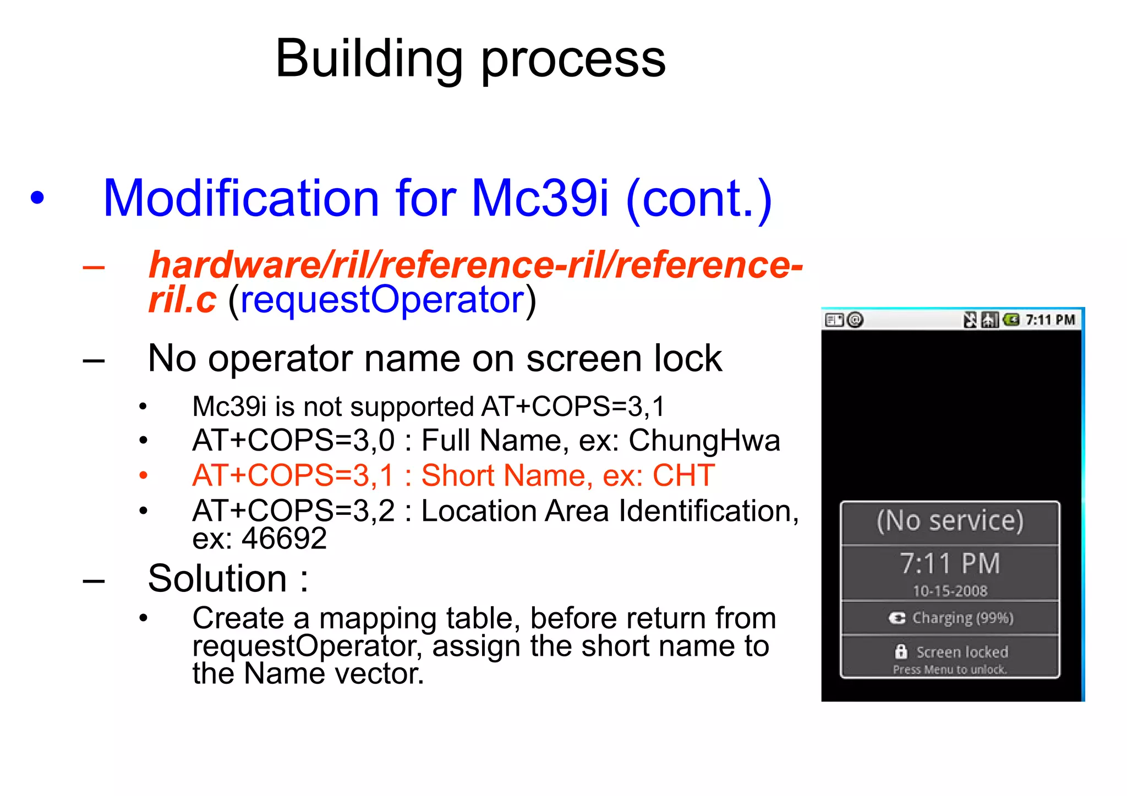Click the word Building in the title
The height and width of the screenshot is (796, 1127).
tap(369, 59)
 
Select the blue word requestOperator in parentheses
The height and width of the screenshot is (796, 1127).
tap(382, 300)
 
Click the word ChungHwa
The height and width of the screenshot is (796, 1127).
tap(704, 441)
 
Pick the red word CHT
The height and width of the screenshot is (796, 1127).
tap(683, 475)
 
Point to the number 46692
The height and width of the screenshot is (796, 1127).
tap(284, 538)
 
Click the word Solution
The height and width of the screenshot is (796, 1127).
tap(217, 579)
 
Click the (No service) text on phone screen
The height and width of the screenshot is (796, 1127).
tap(950, 520)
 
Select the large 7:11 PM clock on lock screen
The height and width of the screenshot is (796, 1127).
tap(950, 564)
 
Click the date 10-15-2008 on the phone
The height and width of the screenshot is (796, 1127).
tap(950, 591)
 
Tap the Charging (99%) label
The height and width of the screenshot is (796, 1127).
tap(962, 618)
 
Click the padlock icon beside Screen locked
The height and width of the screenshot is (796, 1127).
tap(901, 651)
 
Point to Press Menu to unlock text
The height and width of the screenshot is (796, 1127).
tap(950, 669)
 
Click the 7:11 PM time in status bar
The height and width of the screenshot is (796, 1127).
tap(1050, 320)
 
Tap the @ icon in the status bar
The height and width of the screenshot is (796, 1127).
tap(855, 320)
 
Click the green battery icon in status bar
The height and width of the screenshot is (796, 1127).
tap(1011, 320)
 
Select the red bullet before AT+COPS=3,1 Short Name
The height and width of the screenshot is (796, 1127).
tap(144, 475)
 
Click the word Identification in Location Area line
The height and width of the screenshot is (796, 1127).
tap(708, 511)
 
